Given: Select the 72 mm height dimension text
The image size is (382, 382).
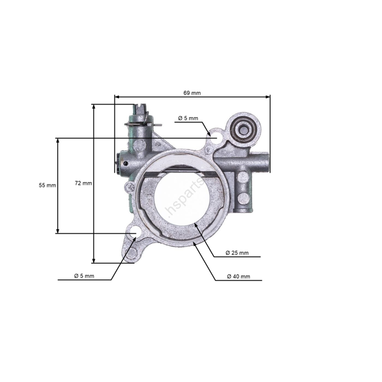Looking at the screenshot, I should [83, 183].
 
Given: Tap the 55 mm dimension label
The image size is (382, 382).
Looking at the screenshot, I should [47, 185].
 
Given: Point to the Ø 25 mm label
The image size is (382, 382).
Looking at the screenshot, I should [237, 253].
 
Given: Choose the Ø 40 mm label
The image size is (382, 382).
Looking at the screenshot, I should [238, 277].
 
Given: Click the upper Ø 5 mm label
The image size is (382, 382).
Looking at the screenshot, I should [188, 118].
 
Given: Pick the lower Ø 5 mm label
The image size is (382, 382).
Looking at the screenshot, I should [84, 276].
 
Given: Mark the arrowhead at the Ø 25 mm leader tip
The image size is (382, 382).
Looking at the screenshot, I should [195, 225].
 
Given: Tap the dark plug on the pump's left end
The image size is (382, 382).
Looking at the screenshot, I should [118, 165].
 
